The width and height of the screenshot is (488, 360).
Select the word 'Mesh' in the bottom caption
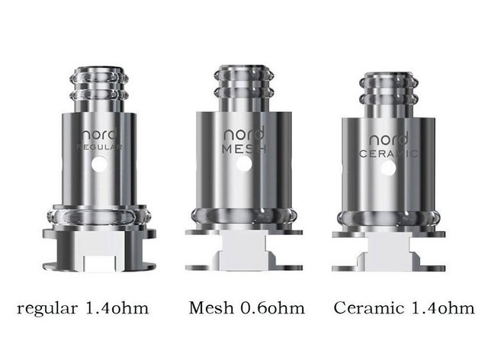210,309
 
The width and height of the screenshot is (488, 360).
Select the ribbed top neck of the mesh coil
242,85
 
